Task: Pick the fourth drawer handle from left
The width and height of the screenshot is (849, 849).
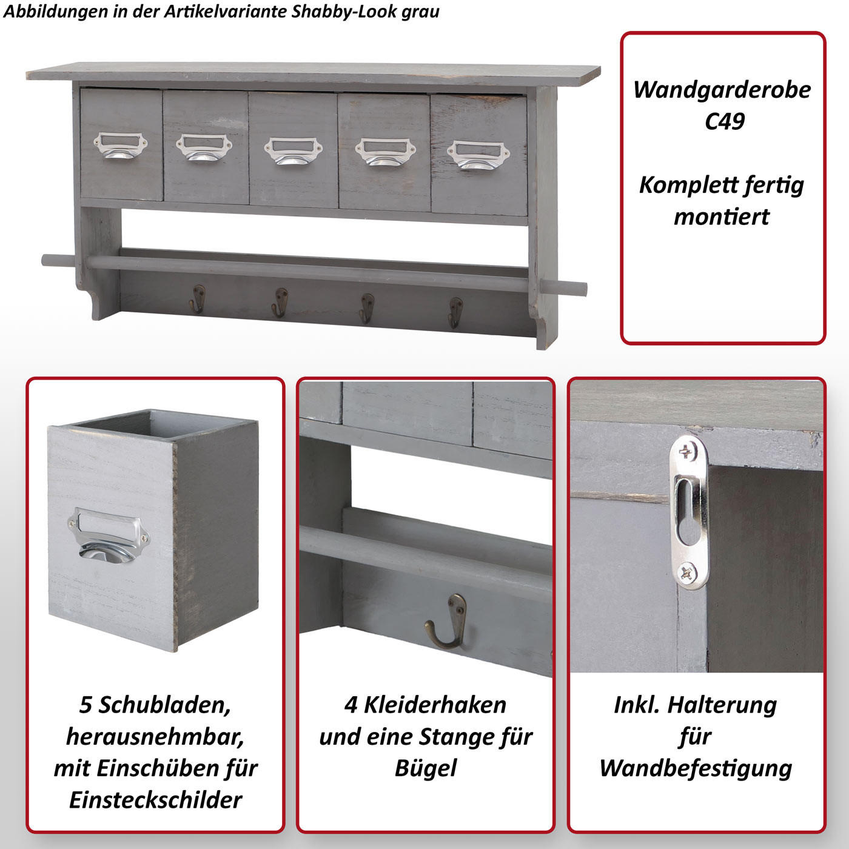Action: coord(385,153)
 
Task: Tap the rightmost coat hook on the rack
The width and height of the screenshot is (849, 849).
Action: coord(455,312)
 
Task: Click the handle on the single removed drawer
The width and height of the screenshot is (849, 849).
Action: coord(108,536)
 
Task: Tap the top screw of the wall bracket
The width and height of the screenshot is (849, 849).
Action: coord(686,451)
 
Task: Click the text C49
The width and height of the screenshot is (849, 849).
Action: coord(724,121)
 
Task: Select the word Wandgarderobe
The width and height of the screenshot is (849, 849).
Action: coord(722,89)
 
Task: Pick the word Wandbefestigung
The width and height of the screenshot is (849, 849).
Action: coord(696,768)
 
